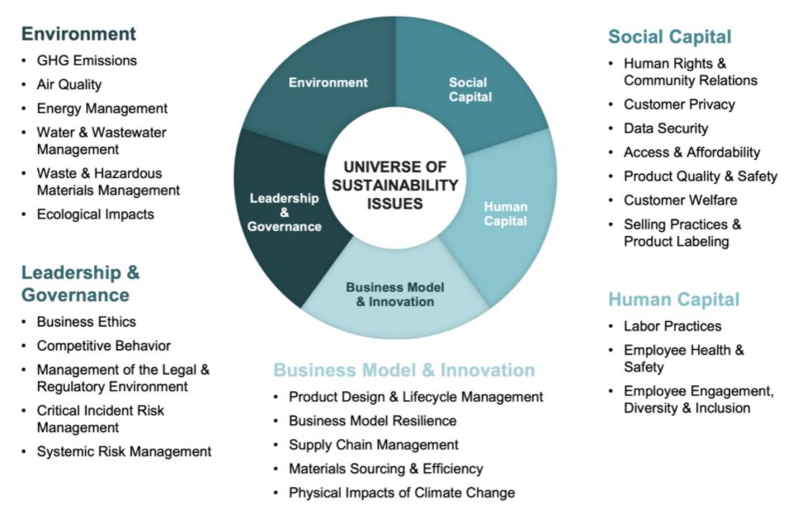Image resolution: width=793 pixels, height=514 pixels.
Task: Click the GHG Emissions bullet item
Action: point(87,61)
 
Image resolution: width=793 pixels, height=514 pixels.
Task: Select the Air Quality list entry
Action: point(68,84)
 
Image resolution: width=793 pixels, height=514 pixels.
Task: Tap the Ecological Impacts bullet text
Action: point(95,215)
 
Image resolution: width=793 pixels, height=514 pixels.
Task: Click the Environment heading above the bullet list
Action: point(78,34)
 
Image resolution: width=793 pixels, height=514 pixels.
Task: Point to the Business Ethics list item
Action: point(86,322)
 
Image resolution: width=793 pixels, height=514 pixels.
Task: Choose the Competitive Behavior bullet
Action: point(104,346)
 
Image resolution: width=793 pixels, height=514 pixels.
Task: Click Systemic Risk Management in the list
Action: point(124,451)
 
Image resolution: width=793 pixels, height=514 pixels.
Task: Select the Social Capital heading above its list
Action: point(669,37)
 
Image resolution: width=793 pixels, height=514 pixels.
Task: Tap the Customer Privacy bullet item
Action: point(679,105)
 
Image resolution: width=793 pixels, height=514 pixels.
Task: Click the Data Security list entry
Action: point(666,129)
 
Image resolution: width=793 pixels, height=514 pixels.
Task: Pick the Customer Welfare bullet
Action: point(680,200)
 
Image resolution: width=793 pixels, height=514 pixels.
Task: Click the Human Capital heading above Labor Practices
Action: point(673,299)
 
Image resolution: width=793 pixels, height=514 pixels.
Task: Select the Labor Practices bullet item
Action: point(673,326)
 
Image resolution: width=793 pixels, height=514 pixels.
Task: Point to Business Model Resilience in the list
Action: point(372,421)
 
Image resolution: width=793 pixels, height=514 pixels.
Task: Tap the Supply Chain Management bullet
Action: point(373,445)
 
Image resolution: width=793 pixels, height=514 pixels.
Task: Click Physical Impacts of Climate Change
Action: point(402,493)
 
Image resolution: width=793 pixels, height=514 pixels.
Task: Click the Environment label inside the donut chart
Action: point(328,83)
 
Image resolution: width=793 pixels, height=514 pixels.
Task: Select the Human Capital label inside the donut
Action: point(505,214)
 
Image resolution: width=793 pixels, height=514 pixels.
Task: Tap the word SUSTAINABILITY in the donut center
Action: point(395,185)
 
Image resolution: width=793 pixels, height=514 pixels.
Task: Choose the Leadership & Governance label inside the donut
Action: point(284,212)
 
